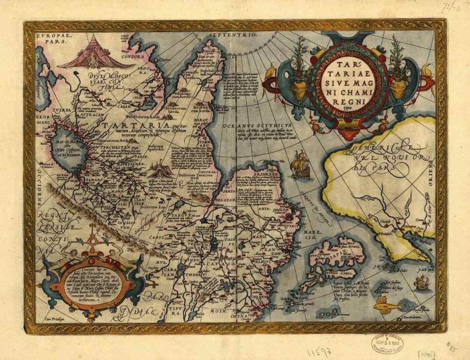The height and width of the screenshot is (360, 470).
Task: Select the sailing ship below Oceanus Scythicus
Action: point(302,166)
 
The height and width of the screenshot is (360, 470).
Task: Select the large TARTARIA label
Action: point(119,127)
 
